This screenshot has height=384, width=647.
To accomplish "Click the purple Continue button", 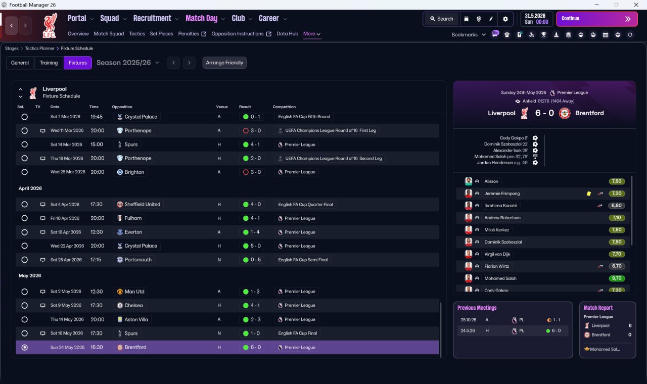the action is tap(597, 19).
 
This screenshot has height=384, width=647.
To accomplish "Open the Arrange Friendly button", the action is tap(224, 63).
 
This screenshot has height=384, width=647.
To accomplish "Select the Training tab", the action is tap(49, 63).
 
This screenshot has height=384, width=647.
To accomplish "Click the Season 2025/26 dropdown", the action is tap(128, 63).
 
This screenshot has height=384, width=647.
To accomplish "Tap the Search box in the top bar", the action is tap(442, 19).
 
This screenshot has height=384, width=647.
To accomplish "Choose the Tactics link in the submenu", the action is tap(137, 34).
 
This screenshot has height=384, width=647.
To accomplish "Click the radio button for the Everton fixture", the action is tap(25, 232).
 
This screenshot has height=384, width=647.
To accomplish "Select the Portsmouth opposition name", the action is tap(138, 260).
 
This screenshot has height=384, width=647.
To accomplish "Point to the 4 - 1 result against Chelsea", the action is tap(255, 305).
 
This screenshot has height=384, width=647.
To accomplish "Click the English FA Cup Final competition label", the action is tap(297, 333).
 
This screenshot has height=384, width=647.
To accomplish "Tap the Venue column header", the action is tap(221, 107).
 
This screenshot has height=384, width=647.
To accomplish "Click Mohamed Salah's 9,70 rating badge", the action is tap(616, 278).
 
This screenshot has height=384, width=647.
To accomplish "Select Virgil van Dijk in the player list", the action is tap(497, 254).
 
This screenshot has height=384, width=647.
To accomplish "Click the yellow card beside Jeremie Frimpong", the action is tap(589, 194).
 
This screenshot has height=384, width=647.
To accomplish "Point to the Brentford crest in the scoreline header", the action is tap(565, 113).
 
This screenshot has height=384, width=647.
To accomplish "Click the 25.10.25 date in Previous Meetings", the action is tap(468, 320).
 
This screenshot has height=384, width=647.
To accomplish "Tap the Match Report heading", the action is tap(598, 308).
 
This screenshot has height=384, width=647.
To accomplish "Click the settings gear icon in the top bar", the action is tap(505, 19).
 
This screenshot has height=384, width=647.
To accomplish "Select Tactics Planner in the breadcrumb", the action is tap(39, 49).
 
